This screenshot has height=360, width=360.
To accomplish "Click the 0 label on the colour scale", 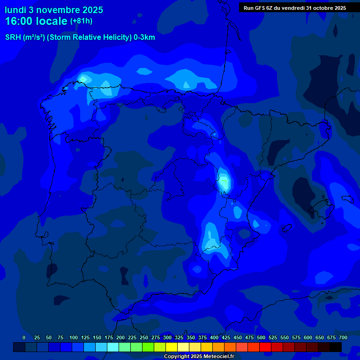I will click(24, 337).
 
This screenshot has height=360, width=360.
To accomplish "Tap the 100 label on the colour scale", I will click(74, 337).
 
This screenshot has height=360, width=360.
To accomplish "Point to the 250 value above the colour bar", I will click(144, 337).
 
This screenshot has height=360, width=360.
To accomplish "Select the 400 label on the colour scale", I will click(214, 337).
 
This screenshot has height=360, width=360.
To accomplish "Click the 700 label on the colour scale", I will click(343, 337).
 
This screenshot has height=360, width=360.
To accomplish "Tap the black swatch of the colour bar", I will click(336, 347).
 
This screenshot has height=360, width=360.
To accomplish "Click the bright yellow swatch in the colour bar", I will click(172, 347).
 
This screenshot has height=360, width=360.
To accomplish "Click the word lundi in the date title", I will click(16, 10).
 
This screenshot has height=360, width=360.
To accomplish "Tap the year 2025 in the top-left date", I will click(93, 10).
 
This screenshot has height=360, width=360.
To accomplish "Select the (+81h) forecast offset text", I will click(81, 21).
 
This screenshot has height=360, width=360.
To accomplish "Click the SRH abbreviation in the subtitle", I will click(13, 37).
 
